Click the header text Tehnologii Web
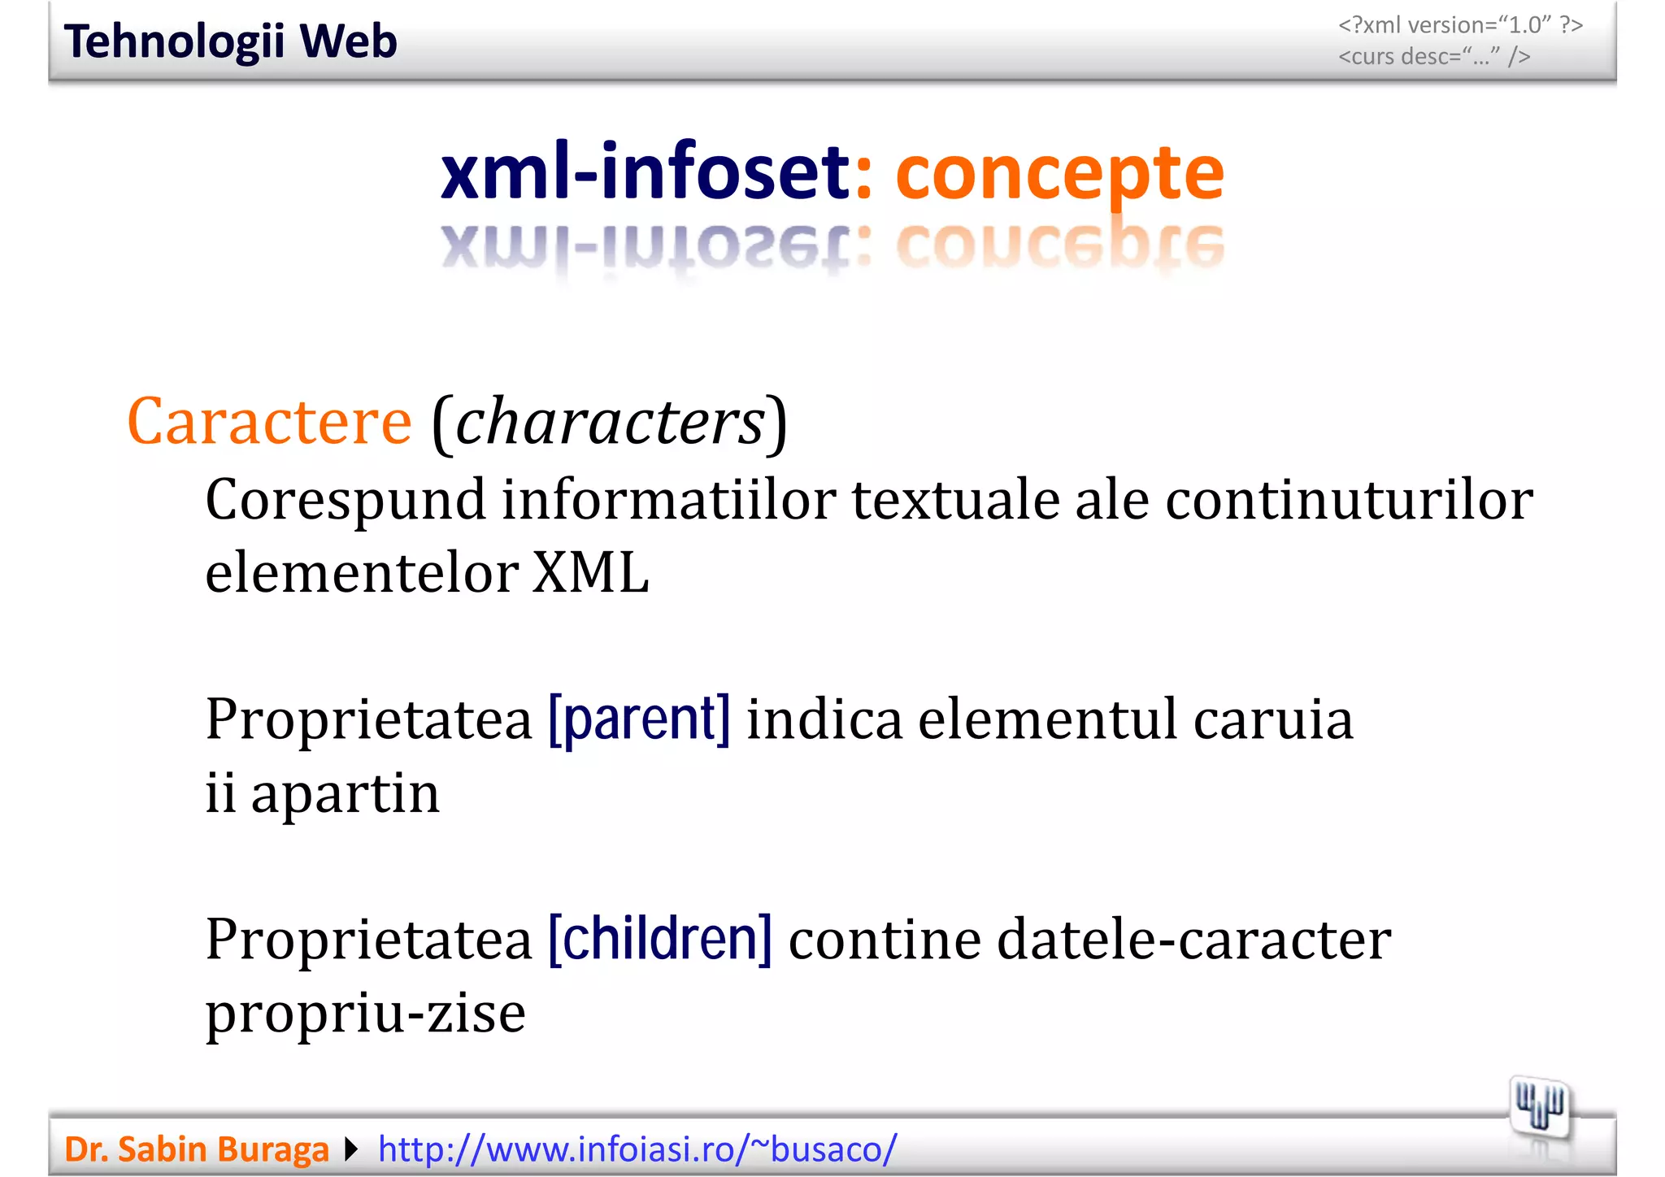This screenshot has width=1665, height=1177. [x=230, y=41]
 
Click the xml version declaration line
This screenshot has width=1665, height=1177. [x=1460, y=25]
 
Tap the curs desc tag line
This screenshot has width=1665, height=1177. [x=1434, y=57]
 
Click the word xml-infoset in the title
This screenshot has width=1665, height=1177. [x=645, y=172]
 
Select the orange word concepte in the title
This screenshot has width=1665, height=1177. [x=1059, y=172]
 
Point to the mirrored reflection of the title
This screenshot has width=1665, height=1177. [x=832, y=247]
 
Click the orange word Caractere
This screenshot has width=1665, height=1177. [x=269, y=422]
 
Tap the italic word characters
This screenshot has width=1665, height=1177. [x=610, y=422]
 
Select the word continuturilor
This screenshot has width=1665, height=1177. [x=1349, y=500]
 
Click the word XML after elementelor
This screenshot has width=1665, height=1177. [x=591, y=573]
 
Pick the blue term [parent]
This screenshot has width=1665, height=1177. [x=639, y=719]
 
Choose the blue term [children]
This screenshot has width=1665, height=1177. [x=660, y=939]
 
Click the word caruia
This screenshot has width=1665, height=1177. [x=1273, y=719]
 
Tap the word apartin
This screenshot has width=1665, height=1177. [x=345, y=794]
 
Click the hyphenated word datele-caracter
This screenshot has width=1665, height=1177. [x=1193, y=939]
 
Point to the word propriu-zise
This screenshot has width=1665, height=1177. [x=365, y=1014]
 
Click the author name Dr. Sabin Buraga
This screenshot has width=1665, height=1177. [x=197, y=1149]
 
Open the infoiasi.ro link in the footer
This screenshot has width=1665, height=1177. [x=637, y=1149]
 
